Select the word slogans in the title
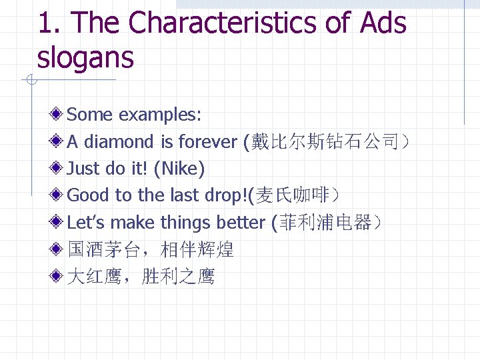point(85,57)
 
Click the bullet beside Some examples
point(58,115)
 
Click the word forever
point(207,141)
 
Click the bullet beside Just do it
point(58,169)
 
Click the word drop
point(224,195)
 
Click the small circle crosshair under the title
point(31,81)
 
